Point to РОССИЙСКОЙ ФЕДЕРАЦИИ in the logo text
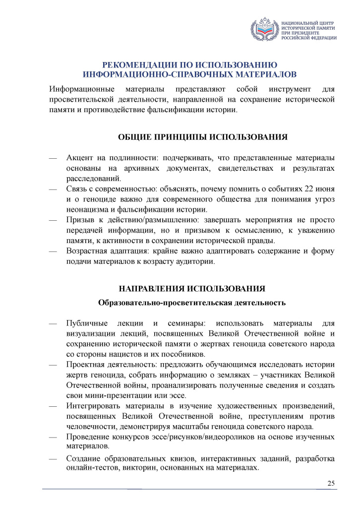(308, 38)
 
